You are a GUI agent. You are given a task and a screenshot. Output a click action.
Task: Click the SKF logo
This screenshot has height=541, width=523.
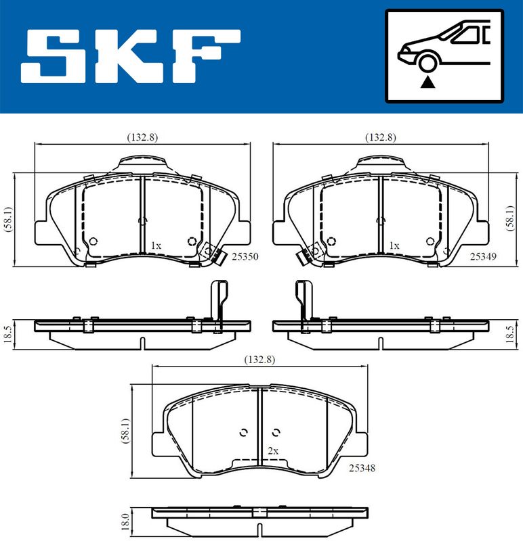[130, 56]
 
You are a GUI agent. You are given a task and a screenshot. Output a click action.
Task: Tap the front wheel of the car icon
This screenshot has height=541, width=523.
[427, 64]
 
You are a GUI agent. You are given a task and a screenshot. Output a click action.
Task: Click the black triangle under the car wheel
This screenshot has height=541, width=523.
[427, 82]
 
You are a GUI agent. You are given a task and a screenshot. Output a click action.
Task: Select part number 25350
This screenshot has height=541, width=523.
[245, 256]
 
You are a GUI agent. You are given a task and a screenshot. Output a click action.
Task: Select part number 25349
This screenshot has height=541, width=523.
[483, 256]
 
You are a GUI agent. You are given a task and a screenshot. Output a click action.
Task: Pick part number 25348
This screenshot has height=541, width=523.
[362, 468]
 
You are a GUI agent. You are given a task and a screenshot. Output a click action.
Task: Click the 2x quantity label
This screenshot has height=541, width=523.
[273, 451]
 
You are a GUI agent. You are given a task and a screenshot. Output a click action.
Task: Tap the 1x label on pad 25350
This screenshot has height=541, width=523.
[156, 245]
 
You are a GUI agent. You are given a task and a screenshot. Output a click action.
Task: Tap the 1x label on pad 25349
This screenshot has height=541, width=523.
[394, 245]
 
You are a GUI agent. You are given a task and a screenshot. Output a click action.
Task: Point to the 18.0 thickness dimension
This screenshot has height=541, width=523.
[125, 521]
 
